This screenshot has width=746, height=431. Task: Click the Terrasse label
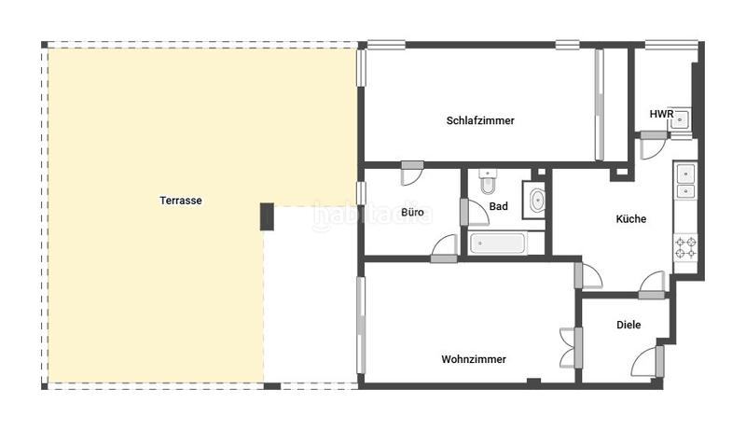(181, 200)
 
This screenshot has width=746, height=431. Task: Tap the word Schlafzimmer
(480, 120)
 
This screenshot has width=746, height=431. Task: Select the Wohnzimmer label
(474, 359)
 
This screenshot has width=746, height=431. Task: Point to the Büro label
(412, 213)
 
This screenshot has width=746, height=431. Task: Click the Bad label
(498, 206)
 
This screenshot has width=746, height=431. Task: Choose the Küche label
(630, 219)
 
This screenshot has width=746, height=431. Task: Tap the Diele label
(629, 326)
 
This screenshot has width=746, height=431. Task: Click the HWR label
(661, 114)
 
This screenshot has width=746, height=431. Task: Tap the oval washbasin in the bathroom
(537, 200)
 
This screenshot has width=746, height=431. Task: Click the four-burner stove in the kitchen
(685, 247)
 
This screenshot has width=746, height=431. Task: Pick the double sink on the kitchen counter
(685, 181)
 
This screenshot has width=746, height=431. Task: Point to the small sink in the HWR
(681, 118)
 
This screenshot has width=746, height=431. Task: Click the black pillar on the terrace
(267, 216)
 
